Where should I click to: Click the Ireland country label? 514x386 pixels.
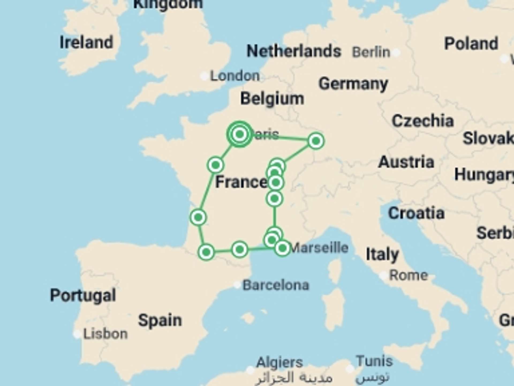(86, 42)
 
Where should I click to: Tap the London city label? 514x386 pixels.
(235, 76)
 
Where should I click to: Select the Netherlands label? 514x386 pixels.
(294, 51)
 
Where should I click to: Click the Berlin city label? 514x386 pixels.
(371, 52)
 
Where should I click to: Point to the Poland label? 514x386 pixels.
(471, 43)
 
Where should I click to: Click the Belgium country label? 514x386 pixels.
(272, 99)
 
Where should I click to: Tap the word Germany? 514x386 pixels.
(353, 84)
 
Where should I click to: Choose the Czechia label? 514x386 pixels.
(423, 121)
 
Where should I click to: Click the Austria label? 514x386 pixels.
(406, 162)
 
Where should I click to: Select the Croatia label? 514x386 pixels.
(416, 213)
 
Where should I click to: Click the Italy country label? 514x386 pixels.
(382, 254)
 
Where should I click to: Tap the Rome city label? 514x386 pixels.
(408, 275)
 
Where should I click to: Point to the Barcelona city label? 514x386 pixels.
(276, 285)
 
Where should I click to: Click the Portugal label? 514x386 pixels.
(83, 295)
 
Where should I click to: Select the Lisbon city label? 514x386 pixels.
(105, 334)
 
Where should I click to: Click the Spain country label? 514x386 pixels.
(160, 320)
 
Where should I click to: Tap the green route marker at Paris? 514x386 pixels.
(240, 134)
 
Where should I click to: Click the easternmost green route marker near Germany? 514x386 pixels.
(316, 141)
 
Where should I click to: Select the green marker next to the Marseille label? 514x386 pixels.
(282, 248)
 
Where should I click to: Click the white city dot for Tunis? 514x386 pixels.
(350, 369)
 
